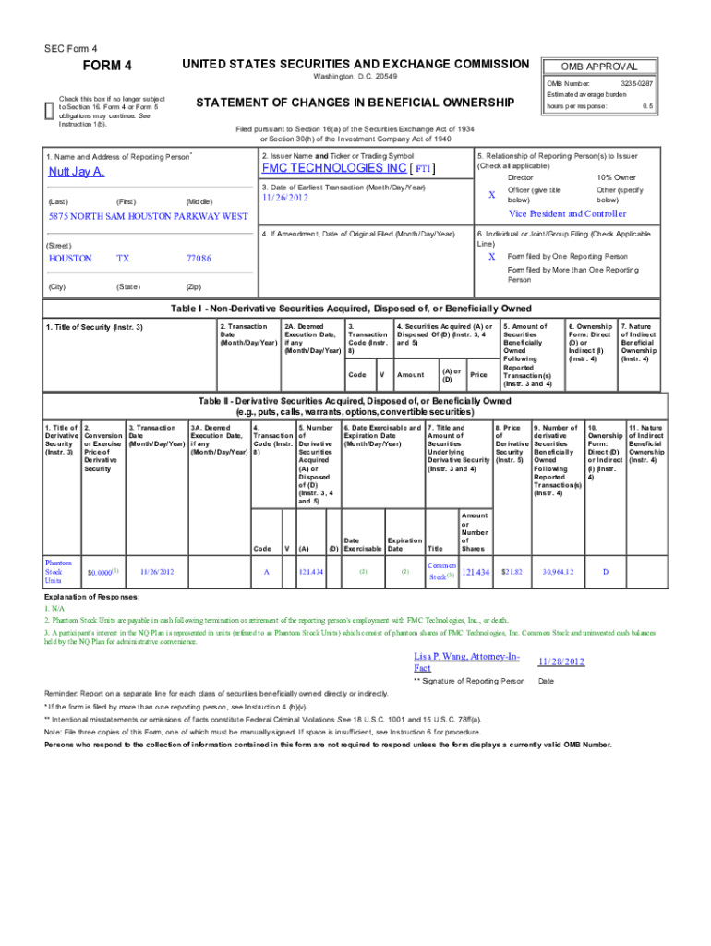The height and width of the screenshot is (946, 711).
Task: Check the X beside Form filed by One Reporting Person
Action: pyautogui.click(x=491, y=256)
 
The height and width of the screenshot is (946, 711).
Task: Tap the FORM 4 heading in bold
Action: pyautogui.click(x=108, y=65)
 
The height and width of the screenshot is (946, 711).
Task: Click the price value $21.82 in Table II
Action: pyautogui.click(x=512, y=572)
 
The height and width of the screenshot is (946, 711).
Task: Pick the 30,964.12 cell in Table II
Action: pyautogui.click(x=559, y=572)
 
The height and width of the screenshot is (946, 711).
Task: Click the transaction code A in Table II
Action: pyautogui.click(x=266, y=572)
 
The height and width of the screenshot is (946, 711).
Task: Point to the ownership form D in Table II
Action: pyautogui.click(x=605, y=572)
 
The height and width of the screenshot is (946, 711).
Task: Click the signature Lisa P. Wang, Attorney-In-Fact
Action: pyautogui.click(x=467, y=661)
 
